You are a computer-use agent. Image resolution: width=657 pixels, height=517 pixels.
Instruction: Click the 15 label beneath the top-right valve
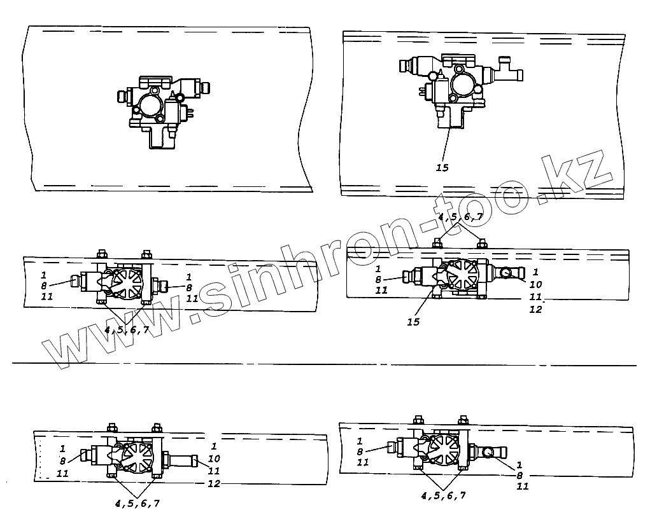coord(442,168)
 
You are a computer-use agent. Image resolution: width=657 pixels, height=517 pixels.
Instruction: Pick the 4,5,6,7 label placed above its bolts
coord(461,217)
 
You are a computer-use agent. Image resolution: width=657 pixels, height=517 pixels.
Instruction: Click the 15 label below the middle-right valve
coord(413,322)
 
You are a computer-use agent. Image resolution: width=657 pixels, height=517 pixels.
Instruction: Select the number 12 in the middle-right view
coord(535,309)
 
